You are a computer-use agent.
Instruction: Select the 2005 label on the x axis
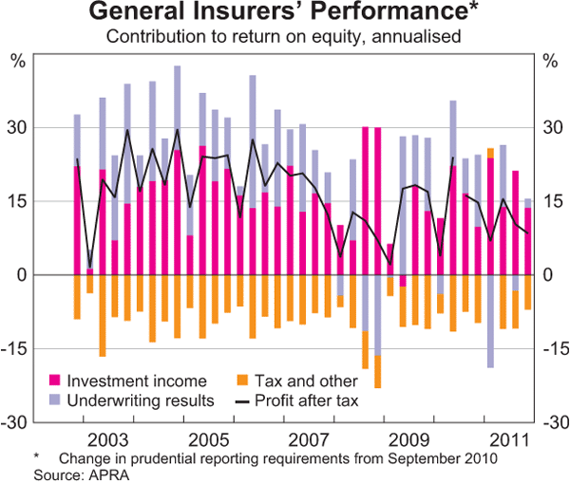pos(211,440)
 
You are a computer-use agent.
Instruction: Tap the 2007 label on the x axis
pos(310,440)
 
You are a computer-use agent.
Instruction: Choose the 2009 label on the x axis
pos(408,440)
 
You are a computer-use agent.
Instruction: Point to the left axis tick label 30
pos(18,128)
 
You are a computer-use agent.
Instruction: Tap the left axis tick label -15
pos(16,348)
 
